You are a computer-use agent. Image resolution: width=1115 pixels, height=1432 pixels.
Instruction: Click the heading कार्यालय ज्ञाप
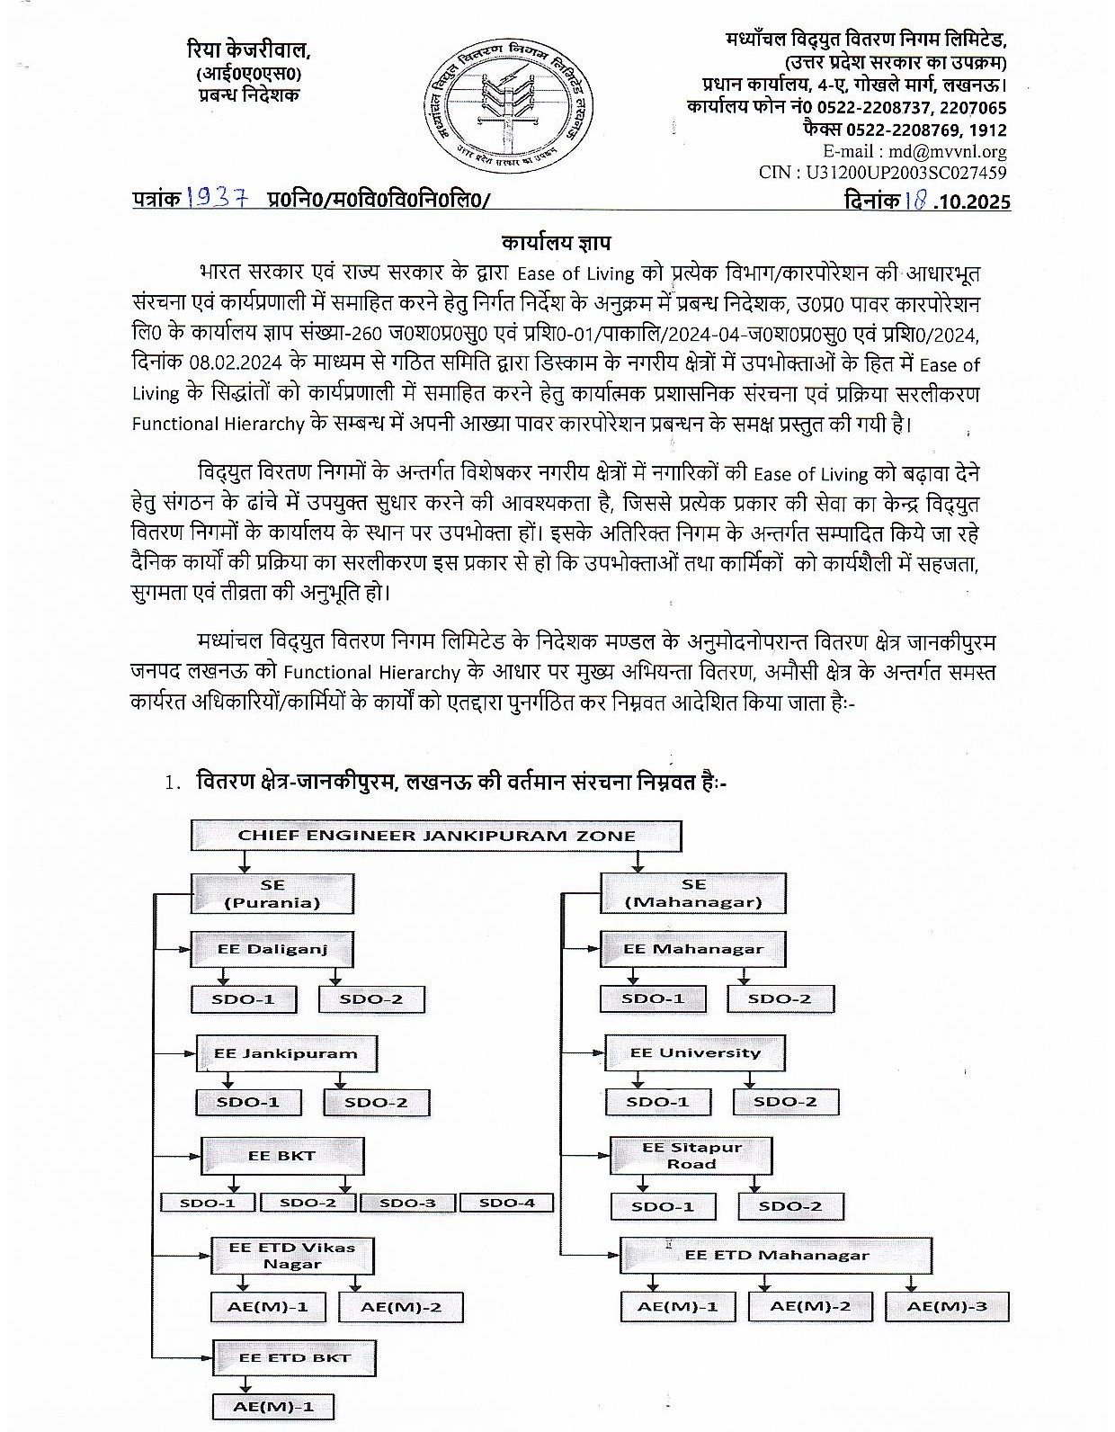(557, 242)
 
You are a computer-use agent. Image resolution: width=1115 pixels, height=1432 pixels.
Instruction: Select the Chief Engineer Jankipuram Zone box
(436, 835)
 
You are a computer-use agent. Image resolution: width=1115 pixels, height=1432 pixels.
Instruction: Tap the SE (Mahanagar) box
(693, 893)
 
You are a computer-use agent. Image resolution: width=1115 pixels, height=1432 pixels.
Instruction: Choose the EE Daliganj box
(272, 949)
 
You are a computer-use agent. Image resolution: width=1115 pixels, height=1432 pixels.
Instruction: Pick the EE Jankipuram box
(285, 1052)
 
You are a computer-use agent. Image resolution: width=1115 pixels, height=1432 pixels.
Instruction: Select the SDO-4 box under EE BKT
(506, 1203)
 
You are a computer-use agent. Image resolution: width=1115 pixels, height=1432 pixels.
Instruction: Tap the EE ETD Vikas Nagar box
(292, 1255)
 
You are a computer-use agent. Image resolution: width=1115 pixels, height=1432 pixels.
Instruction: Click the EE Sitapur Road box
(691, 1156)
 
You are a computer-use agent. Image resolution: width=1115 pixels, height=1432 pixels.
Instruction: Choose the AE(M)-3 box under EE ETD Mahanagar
(947, 1306)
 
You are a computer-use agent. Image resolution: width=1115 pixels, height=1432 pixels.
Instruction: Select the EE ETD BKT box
(294, 1357)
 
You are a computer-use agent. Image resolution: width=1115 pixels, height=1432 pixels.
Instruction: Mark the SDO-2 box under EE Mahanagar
(780, 998)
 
